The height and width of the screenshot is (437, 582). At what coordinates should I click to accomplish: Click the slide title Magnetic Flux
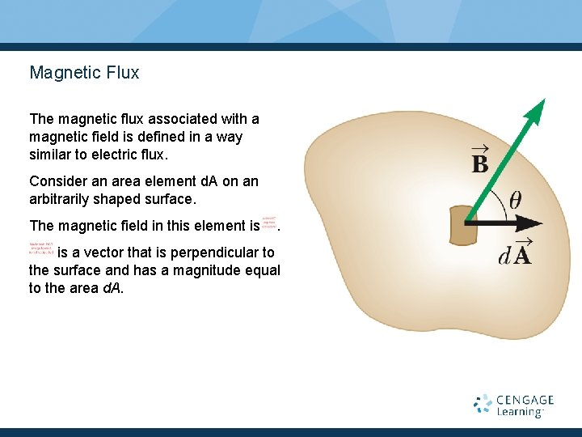[84, 73]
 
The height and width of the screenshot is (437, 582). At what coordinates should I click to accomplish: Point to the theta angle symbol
[515, 199]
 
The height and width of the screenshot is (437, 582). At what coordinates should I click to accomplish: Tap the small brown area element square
[462, 225]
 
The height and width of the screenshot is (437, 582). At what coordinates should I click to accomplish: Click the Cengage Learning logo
[513, 405]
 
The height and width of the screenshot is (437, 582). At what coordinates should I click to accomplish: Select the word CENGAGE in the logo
[525, 400]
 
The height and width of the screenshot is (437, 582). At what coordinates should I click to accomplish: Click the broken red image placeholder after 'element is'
[269, 223]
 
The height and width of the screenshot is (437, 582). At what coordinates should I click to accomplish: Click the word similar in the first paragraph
[51, 155]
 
